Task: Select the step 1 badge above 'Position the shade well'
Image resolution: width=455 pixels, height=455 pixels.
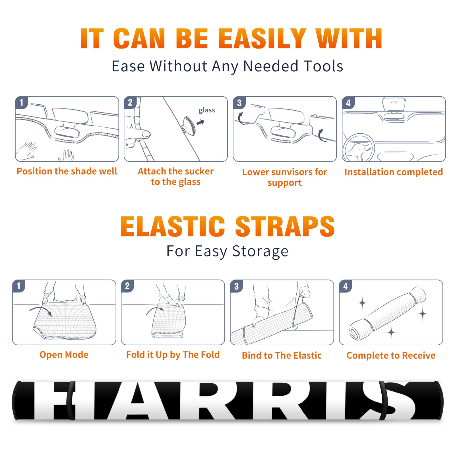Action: [x=21, y=102]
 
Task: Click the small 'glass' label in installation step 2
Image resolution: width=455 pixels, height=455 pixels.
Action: [x=207, y=110]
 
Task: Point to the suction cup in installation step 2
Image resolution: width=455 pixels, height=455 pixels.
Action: [x=189, y=125]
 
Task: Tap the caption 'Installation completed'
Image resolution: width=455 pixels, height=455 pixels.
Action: [x=394, y=172]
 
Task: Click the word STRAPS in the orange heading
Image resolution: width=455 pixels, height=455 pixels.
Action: [x=285, y=226]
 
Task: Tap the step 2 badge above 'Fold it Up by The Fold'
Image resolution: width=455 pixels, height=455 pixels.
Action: [x=127, y=286]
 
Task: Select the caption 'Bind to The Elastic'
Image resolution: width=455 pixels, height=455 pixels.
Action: [x=282, y=355]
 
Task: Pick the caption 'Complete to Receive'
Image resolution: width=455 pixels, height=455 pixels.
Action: [x=391, y=355]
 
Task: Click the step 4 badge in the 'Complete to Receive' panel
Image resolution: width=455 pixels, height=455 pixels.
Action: [x=346, y=286]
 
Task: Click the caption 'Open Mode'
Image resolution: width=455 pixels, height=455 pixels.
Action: [x=64, y=355]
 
